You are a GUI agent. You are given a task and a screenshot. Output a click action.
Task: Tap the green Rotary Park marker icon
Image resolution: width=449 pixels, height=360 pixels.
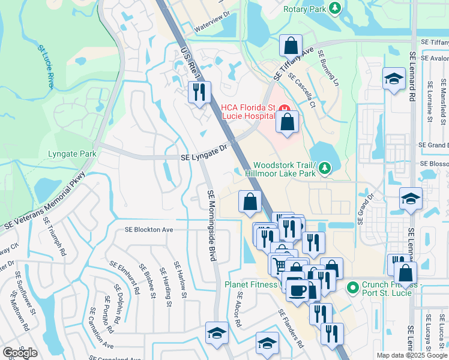335,8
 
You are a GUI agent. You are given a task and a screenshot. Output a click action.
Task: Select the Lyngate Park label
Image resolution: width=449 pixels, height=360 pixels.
72,154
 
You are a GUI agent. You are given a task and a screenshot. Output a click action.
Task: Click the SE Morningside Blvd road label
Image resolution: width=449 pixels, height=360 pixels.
211,225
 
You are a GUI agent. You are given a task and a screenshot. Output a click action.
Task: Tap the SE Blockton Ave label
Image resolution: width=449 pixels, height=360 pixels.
148,230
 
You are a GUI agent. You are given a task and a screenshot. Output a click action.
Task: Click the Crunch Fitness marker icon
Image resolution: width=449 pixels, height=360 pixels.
354,288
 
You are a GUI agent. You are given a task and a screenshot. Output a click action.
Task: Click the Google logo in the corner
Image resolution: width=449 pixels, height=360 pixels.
20,353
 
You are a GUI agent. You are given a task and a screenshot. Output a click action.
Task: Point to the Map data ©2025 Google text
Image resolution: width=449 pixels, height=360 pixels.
412,355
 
